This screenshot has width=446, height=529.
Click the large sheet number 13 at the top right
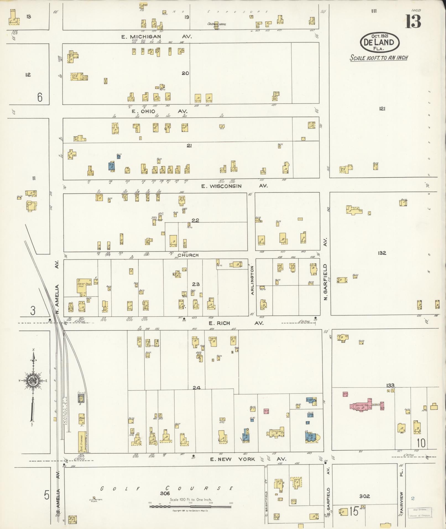413,21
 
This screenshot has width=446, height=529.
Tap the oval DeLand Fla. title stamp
380,42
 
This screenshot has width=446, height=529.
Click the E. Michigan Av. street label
157,37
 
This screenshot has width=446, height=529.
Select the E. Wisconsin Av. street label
234,186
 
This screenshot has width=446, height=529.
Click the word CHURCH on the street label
188,255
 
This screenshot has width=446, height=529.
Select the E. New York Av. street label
248,459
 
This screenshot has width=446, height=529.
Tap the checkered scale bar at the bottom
190,507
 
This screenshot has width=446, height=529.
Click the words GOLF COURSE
166,489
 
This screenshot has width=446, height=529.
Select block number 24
196,388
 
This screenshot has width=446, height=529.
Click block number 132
382,253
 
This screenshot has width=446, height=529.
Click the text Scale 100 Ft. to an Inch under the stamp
379,58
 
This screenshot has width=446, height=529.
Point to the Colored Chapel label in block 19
217,24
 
